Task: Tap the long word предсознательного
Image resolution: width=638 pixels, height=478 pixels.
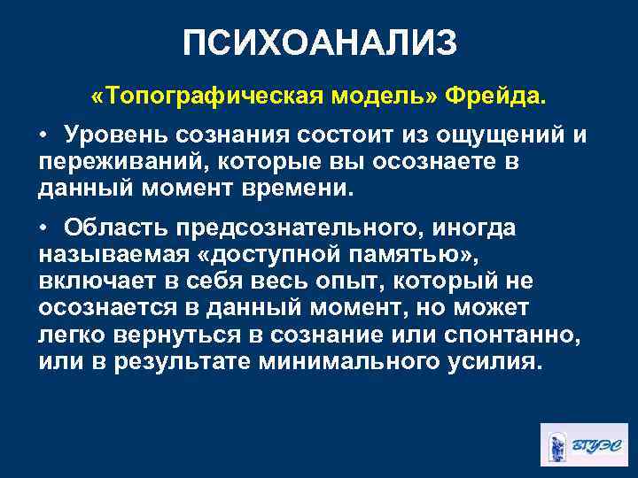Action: click(x=291, y=228)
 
